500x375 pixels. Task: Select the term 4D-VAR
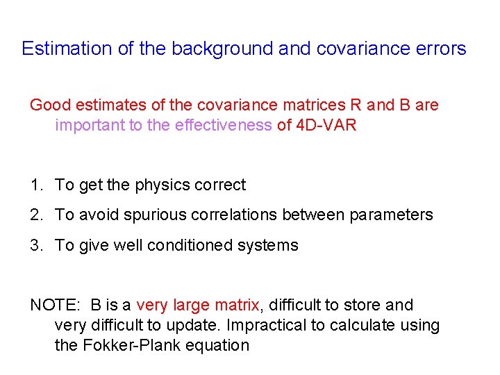[x=326, y=126]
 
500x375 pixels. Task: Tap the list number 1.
[x=35, y=185]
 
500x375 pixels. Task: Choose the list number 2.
[x=35, y=215]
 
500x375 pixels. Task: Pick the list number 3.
[x=35, y=245]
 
